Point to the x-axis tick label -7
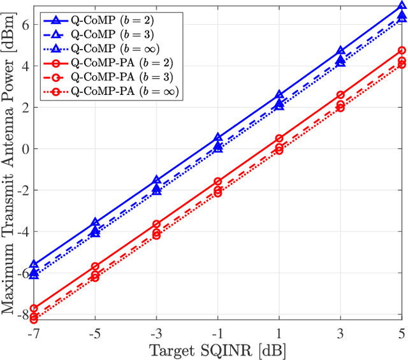point(34,333)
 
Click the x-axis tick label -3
point(157,333)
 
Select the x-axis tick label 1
point(279,333)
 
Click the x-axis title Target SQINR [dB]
point(217,350)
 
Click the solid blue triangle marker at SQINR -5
point(96,222)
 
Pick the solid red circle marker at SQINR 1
point(279,138)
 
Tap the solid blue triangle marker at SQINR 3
point(340,51)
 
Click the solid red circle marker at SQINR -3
point(157,224)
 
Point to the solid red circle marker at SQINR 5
point(402,50)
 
